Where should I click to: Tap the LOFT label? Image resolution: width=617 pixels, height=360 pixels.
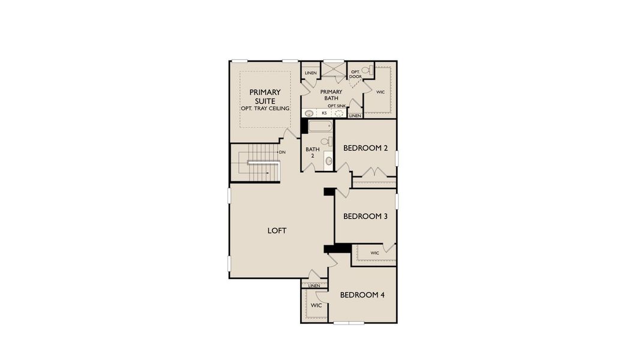[x=277, y=230]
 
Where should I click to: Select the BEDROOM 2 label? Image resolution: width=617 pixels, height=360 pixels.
[x=365, y=148]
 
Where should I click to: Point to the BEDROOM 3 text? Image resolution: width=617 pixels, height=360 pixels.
[x=365, y=216]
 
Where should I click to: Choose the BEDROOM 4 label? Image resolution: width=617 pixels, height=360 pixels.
[x=362, y=295]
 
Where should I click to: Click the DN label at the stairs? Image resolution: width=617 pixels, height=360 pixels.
[x=282, y=152]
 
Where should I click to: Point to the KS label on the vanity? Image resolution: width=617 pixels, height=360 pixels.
[x=324, y=113]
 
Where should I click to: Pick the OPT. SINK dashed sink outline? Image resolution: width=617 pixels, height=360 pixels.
[x=340, y=113]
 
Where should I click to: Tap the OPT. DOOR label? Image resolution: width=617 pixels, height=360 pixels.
[x=355, y=74]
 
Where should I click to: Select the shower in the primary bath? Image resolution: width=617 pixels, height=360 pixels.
[x=333, y=70]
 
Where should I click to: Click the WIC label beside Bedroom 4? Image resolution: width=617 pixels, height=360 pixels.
[x=316, y=305]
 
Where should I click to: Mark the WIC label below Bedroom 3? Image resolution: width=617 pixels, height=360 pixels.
[x=375, y=253]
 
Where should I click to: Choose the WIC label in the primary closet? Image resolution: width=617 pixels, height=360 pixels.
[x=380, y=92]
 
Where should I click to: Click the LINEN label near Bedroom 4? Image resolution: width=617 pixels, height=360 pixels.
[x=314, y=286]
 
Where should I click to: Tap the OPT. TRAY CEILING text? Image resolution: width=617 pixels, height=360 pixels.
[x=265, y=109]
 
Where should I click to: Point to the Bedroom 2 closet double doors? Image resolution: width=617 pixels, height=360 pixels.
[x=373, y=173]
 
